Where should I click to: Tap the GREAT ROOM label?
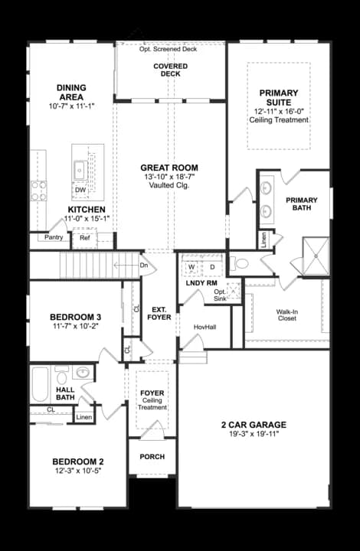click(x=169, y=168)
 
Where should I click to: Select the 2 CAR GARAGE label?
click(x=254, y=425)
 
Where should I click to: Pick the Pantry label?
click(x=54, y=238)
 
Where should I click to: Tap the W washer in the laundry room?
click(x=191, y=266)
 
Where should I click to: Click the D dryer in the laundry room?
click(x=212, y=266)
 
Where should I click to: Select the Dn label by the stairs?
click(x=143, y=266)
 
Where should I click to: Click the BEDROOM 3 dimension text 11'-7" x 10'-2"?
click(x=74, y=328)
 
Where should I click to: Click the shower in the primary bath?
click(x=315, y=255)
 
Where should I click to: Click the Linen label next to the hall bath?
click(x=83, y=417)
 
